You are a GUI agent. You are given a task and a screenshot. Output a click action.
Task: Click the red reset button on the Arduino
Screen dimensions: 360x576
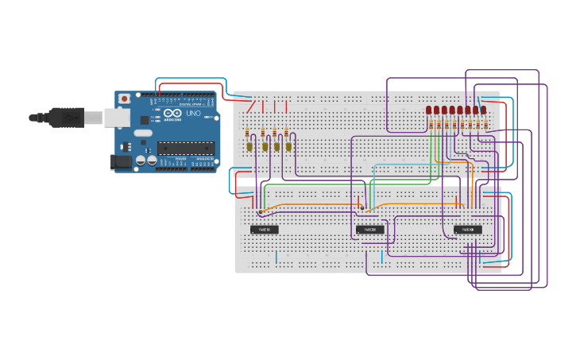point(125,99)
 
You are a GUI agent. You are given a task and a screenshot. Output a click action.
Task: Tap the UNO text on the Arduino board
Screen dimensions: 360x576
point(193,114)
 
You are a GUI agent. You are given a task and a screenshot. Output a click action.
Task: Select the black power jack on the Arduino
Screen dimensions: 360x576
point(121,162)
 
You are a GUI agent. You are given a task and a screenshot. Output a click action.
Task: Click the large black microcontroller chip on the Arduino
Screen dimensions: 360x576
point(186,147)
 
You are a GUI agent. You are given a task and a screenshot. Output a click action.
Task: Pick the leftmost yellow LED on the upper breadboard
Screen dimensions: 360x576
point(249,146)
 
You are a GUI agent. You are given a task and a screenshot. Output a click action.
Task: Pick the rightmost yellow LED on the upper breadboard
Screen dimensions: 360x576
point(289,146)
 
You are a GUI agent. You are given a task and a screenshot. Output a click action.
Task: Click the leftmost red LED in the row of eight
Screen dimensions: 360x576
point(429,110)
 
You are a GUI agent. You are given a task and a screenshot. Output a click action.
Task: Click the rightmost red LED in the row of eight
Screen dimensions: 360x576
point(484,110)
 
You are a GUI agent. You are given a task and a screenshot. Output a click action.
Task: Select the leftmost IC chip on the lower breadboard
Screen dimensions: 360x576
point(265,230)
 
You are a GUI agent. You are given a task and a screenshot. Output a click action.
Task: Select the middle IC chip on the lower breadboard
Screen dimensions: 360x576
point(369,230)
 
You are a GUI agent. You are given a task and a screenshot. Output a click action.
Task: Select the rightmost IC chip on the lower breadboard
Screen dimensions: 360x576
point(468,230)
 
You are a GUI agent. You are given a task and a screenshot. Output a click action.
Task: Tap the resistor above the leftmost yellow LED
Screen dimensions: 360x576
point(247,132)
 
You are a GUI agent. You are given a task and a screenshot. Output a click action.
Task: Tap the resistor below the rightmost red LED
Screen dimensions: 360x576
point(485,124)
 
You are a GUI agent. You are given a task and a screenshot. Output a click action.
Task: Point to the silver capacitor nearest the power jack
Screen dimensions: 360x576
point(141,160)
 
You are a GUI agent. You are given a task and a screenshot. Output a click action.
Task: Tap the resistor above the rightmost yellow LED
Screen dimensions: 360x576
point(287,132)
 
